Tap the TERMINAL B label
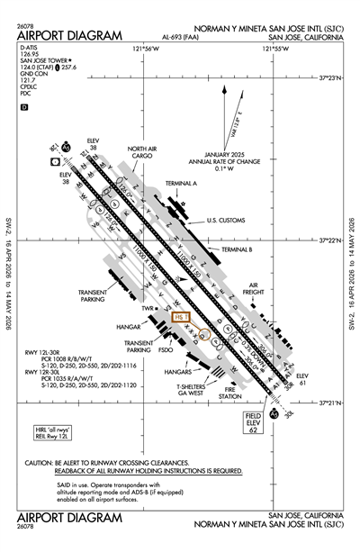pyautogui.click(x=236, y=249)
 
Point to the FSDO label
pyautogui.click(x=166, y=350)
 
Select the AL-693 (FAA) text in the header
pyautogui.click(x=184, y=38)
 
